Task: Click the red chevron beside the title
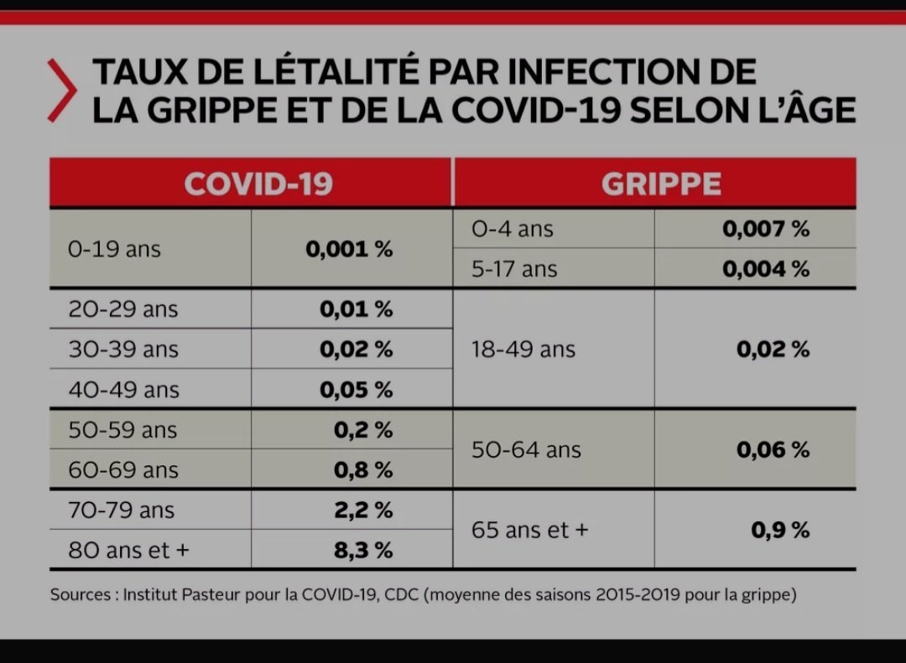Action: (61, 91)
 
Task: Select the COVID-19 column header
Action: (258, 184)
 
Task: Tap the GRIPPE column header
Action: (661, 184)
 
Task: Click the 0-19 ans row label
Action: (114, 249)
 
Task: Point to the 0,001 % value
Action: (349, 249)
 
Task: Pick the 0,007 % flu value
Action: (766, 229)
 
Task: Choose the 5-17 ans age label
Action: (514, 269)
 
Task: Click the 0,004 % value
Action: (766, 269)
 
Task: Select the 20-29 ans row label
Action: (123, 309)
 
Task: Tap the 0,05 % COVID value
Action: (356, 390)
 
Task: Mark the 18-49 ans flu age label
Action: (523, 350)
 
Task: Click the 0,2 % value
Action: (363, 430)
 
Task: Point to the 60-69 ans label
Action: (123, 470)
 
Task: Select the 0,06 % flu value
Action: (773, 450)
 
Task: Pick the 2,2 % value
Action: (363, 510)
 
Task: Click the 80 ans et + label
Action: (130, 551)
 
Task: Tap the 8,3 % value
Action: (363, 551)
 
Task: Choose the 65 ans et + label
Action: (530, 531)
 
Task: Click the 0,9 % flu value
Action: (780, 531)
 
